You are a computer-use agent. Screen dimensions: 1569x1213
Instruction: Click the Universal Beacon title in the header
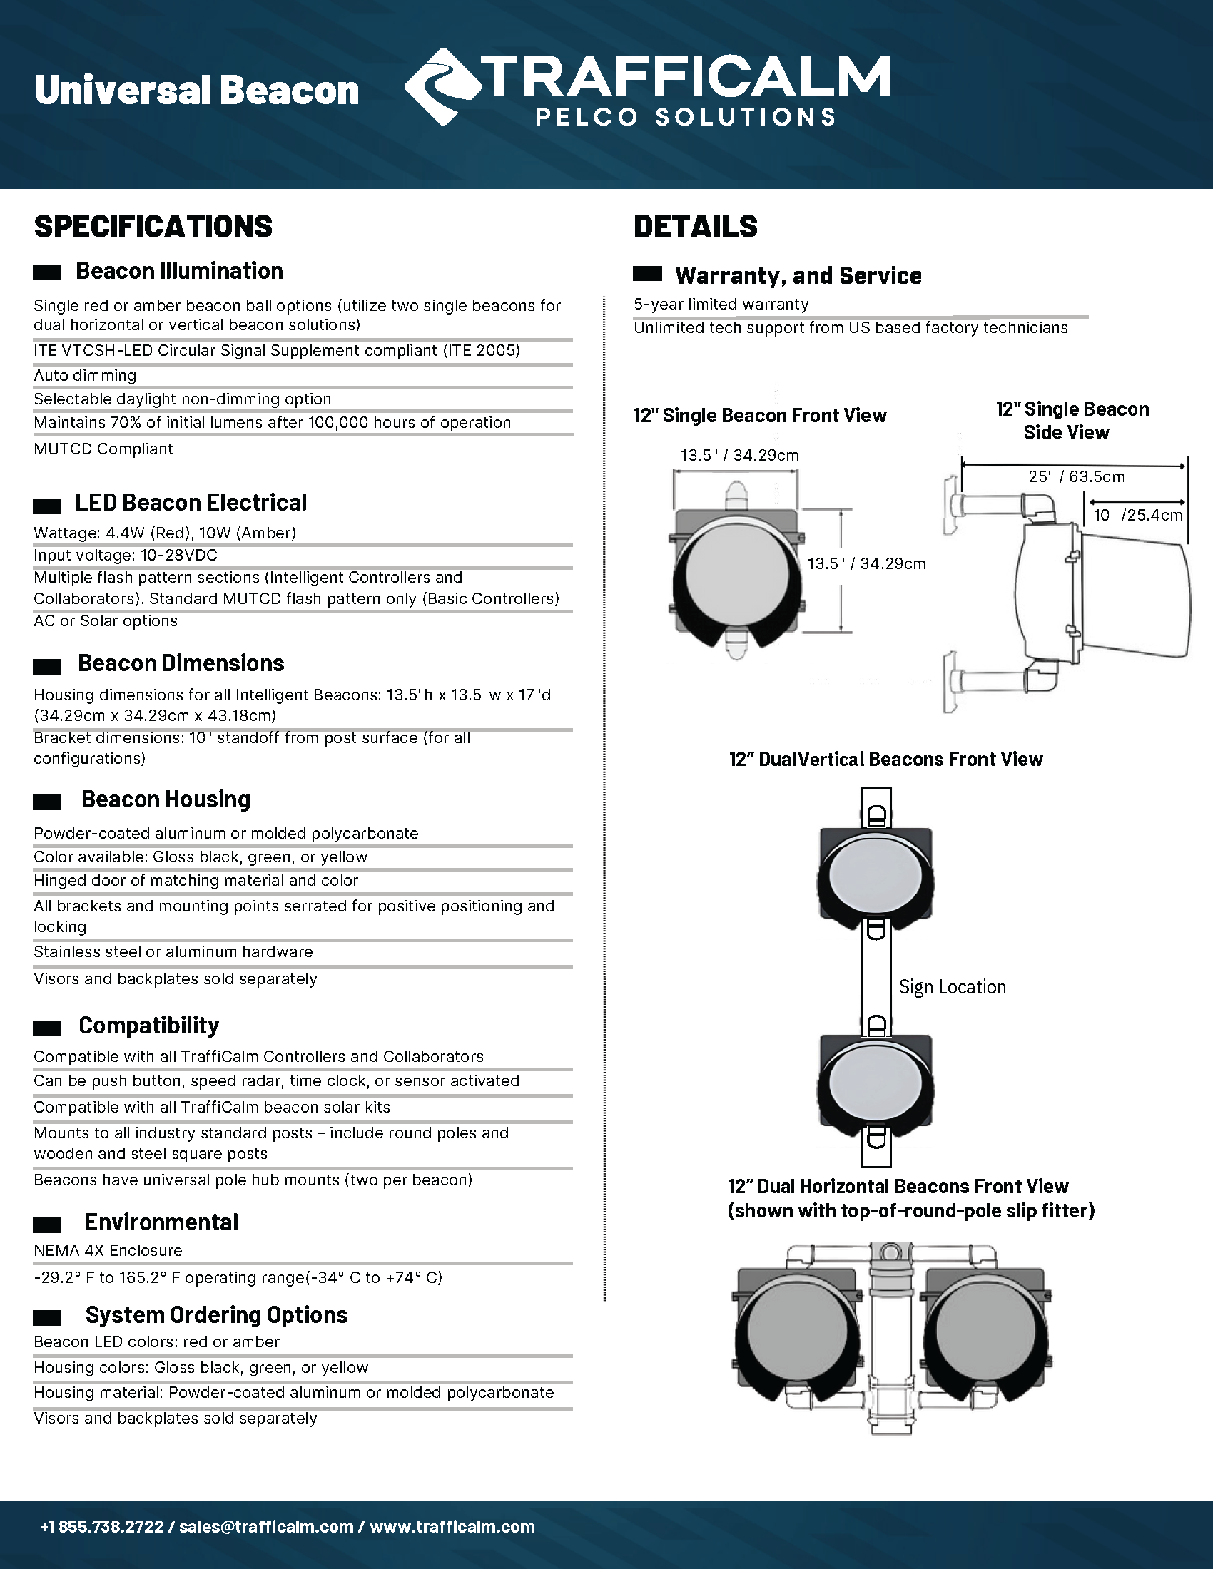[196, 91]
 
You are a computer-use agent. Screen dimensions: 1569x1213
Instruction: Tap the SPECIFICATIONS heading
[153, 227]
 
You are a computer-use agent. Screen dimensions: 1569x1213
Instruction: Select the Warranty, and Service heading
[798, 276]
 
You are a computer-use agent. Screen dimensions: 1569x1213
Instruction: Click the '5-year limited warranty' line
[721, 305]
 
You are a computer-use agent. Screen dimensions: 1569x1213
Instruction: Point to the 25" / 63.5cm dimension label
[1076, 477]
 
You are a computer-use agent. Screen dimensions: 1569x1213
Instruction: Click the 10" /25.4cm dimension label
[1137, 515]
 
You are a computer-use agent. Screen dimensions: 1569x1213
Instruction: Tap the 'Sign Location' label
[952, 987]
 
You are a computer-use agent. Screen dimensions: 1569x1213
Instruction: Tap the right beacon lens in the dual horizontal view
[988, 1332]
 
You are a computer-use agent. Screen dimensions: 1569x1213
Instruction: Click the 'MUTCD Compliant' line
[103, 449]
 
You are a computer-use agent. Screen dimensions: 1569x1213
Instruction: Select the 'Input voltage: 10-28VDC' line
[125, 556]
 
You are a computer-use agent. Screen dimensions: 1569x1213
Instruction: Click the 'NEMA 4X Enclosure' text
[108, 1251]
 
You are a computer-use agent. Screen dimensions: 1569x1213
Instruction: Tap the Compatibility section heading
[148, 1025]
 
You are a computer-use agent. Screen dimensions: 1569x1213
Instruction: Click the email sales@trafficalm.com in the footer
[266, 1527]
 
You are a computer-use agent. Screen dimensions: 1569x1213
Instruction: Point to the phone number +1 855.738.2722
[102, 1527]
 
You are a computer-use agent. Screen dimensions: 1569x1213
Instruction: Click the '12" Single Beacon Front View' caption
[760, 416]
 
